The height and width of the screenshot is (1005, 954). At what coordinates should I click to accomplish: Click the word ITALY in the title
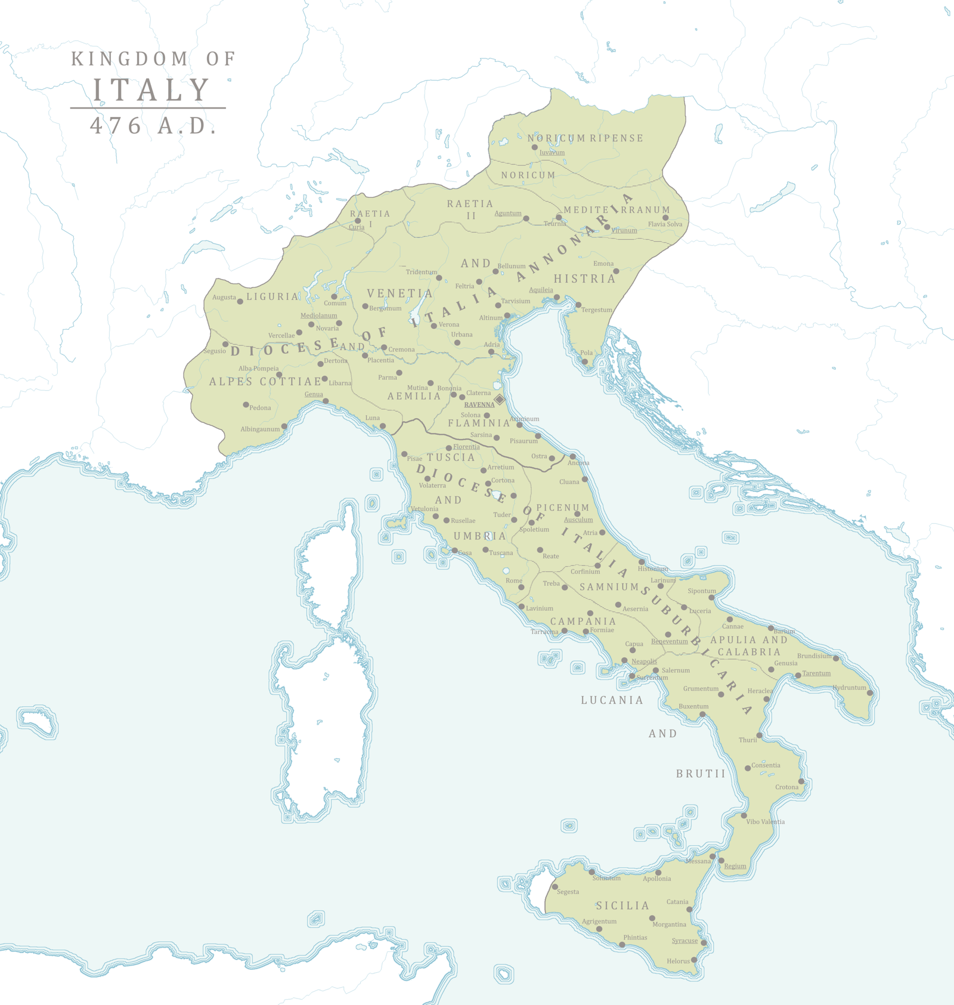(151, 90)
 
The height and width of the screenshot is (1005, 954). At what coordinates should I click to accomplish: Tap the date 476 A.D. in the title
(153, 126)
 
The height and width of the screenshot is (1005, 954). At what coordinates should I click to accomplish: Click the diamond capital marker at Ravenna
(500, 399)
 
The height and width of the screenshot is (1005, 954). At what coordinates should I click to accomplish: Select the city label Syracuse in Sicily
(684, 941)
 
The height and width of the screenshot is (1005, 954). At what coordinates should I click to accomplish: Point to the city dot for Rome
(521, 587)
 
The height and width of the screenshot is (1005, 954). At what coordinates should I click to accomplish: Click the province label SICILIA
(623, 905)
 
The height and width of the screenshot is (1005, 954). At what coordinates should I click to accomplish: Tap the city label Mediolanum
(318, 316)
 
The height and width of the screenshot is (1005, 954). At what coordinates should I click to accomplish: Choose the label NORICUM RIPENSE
(585, 138)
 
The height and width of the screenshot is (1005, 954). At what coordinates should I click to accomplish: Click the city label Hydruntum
(849, 688)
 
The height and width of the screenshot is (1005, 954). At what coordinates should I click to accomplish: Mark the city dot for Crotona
(801, 781)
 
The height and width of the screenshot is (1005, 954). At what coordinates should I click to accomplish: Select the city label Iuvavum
(552, 153)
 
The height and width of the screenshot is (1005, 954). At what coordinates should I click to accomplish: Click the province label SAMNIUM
(609, 587)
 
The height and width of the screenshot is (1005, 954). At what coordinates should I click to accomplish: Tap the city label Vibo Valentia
(765, 822)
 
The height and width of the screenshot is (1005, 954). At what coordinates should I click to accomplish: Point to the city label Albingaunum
(260, 429)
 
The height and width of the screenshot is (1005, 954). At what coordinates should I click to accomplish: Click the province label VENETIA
(399, 293)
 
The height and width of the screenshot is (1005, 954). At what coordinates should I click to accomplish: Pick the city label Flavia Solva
(665, 224)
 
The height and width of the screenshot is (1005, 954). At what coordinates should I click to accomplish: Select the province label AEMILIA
(414, 396)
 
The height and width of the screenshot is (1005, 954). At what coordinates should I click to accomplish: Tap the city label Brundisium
(814, 655)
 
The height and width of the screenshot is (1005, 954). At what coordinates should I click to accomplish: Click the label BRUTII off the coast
(701, 774)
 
